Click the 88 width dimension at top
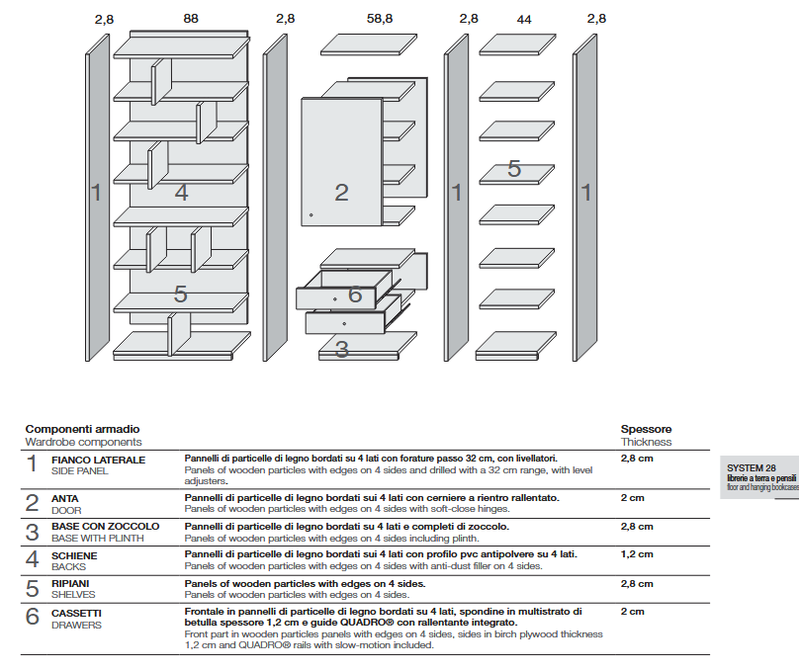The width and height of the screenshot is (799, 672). tap(191, 18)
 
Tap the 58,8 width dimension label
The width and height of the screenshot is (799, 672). tap(380, 18)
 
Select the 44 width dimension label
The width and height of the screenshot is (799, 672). tap(523, 18)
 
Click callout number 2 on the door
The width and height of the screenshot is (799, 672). tap(341, 193)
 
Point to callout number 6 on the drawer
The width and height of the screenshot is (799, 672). tap(355, 294)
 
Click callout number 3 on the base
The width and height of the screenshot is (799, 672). tap(341, 349)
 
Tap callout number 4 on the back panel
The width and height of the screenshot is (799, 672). tap(181, 193)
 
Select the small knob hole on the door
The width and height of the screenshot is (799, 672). tap(311, 214)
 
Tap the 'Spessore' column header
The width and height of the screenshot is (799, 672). tap(646, 429)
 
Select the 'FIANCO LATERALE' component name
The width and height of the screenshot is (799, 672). tap(98, 460)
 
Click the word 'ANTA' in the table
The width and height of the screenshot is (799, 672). tap(65, 498)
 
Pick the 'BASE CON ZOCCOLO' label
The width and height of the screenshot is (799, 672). tap(105, 527)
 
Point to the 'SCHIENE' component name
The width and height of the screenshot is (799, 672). tap(75, 555)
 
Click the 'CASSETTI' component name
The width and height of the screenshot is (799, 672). tap(76, 613)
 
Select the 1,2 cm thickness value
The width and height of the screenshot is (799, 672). tap(637, 554)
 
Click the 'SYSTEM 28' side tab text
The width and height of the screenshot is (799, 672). tap(751, 467)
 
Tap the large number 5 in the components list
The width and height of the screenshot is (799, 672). tap(33, 588)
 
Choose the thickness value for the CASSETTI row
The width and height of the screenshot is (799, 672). tap(632, 612)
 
